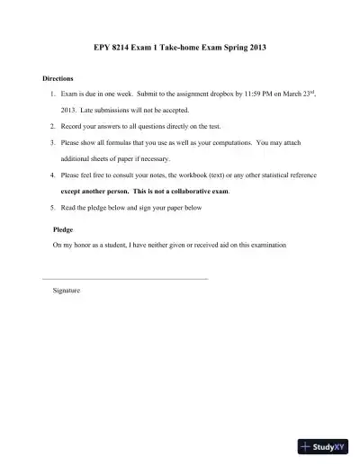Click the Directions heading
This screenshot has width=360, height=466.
[x=58, y=77]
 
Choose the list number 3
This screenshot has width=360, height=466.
[x=52, y=142]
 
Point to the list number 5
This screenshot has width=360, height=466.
[x=52, y=207]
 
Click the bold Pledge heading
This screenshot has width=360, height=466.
[x=64, y=229]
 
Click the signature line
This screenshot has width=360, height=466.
[x=125, y=279]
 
